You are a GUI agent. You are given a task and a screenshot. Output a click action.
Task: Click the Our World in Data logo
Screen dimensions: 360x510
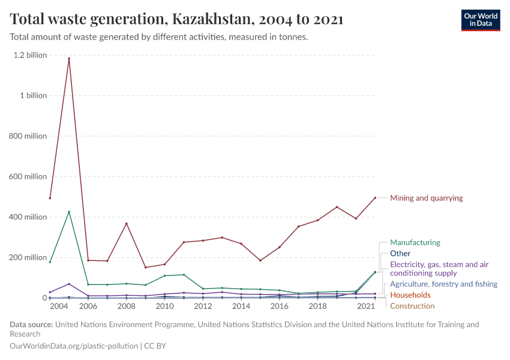tap(480, 20)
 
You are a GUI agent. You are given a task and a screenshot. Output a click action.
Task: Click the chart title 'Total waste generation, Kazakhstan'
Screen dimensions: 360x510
tap(176, 19)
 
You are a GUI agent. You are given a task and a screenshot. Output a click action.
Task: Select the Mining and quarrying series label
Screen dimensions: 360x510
tap(426, 198)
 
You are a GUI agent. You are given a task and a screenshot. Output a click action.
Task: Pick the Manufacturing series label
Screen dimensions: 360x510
tap(415, 243)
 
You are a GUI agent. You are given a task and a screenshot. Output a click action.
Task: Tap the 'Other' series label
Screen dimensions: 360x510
tap(400, 254)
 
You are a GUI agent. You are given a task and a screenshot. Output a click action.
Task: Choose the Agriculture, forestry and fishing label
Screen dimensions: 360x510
tap(443, 284)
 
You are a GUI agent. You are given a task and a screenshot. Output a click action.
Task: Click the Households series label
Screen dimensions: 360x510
tap(410, 295)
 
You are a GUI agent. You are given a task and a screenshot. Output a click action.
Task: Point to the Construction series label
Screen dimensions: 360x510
tap(412, 306)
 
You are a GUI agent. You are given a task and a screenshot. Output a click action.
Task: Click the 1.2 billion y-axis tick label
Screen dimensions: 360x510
tap(29, 55)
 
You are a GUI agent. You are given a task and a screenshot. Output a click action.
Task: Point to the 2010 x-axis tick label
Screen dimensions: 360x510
tap(164, 306)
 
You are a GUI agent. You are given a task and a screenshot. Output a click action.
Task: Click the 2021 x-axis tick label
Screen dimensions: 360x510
tap(366, 306)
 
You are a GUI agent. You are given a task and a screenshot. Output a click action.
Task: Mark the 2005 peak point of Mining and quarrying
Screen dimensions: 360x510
tap(69, 59)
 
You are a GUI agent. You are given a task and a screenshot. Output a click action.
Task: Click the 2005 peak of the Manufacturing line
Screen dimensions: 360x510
tap(69, 212)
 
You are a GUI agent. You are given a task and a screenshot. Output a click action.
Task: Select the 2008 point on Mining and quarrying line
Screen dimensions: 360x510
tap(126, 224)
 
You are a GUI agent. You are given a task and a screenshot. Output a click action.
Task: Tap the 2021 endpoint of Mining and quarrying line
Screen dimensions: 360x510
tap(375, 198)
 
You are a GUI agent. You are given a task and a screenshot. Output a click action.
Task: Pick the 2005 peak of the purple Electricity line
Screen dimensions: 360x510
tap(69, 284)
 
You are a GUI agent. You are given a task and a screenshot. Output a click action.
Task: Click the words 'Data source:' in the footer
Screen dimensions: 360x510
tap(31, 325)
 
